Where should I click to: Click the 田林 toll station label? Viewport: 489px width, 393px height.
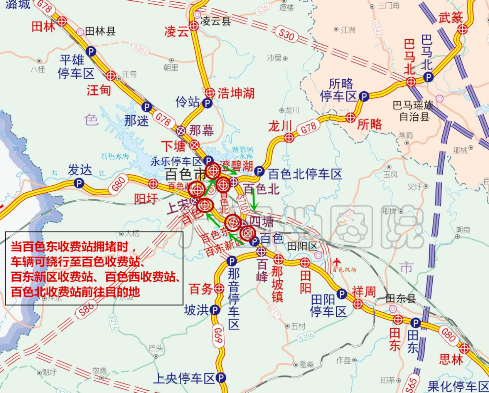(43, 26)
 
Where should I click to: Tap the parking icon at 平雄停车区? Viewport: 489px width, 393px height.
(91, 51)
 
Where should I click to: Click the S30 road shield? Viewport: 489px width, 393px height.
(286, 35)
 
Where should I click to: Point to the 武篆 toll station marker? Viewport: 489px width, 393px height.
(464, 29)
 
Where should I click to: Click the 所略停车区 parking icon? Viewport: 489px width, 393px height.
(363, 96)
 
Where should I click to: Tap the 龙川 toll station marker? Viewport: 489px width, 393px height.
(289, 137)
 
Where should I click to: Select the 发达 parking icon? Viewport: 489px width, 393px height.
(79, 183)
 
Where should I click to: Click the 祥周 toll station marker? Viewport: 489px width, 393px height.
(358, 304)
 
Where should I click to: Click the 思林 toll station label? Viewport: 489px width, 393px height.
(451, 359)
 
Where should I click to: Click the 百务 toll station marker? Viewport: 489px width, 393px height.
(219, 288)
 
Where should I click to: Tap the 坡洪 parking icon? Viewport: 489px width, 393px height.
(215, 310)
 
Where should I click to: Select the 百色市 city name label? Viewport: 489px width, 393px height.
(185, 174)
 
